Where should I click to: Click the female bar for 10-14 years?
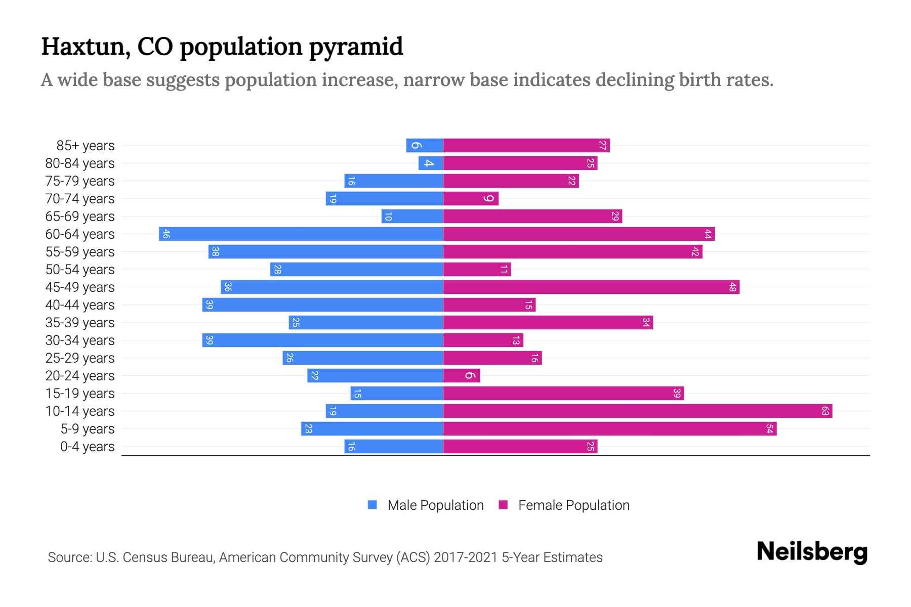click(638, 411)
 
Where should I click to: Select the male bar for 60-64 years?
click(301, 234)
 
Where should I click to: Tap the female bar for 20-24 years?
click(461, 375)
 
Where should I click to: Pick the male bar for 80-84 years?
click(431, 163)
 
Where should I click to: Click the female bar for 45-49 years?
click(591, 287)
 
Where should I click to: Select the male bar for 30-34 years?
click(322, 340)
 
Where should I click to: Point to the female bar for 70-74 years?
click(471, 198)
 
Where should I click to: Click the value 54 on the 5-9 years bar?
click(769, 429)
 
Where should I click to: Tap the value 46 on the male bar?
click(165, 234)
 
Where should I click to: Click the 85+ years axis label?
click(85, 146)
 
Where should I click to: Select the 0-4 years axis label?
click(87, 447)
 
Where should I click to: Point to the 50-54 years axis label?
click(80, 270)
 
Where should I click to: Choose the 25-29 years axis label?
click(80, 358)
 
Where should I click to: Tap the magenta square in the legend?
click(503, 505)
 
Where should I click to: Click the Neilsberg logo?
click(812, 552)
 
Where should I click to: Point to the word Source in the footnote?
click(69, 557)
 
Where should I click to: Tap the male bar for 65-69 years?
click(412, 216)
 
